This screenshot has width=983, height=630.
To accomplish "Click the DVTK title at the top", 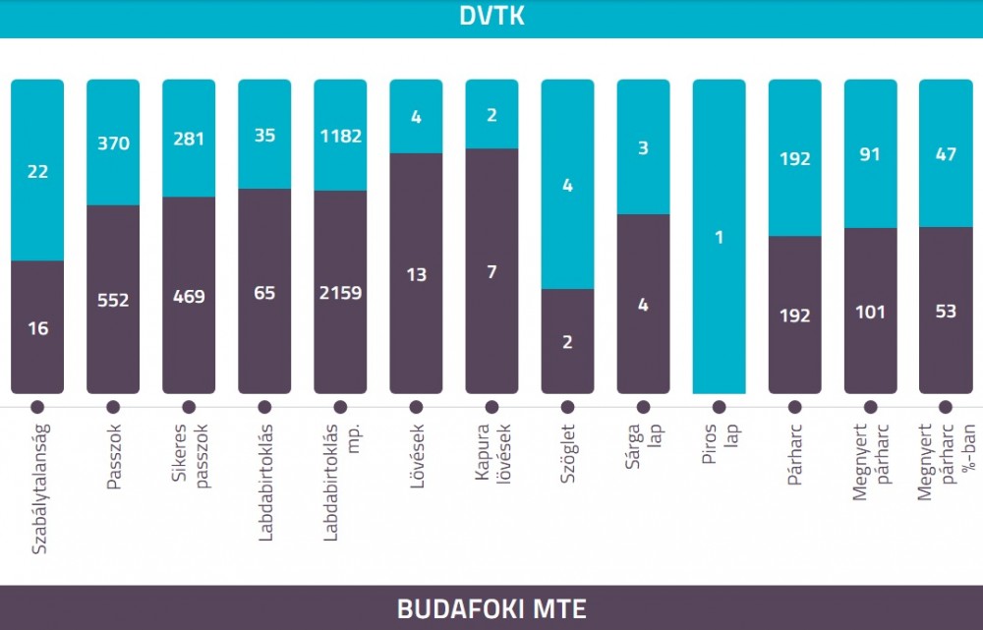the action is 491,16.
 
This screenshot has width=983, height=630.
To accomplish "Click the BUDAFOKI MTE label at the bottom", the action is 491,608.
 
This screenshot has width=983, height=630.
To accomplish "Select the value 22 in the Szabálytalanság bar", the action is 37,172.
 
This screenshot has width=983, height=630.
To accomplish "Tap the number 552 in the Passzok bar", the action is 113,301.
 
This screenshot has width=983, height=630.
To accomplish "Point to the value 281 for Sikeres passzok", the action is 189,139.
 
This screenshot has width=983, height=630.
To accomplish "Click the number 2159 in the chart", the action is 340,293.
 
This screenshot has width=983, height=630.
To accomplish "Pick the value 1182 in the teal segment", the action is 340,136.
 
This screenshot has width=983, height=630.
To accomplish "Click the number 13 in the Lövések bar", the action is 416,274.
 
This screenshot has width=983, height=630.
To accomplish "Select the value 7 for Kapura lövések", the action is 492,272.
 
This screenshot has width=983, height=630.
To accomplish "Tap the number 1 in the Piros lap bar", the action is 720,238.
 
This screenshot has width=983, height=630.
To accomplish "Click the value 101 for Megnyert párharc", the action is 870,312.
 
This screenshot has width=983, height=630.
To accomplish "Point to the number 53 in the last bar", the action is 946,311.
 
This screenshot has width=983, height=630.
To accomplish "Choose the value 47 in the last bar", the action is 946,154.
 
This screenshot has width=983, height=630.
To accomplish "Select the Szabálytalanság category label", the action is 39,489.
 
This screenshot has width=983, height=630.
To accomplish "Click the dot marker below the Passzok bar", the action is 113,408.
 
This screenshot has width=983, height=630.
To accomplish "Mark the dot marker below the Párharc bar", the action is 795,408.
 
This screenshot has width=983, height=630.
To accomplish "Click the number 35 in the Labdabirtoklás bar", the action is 264,136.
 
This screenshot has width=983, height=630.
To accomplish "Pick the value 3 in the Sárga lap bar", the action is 643,148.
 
